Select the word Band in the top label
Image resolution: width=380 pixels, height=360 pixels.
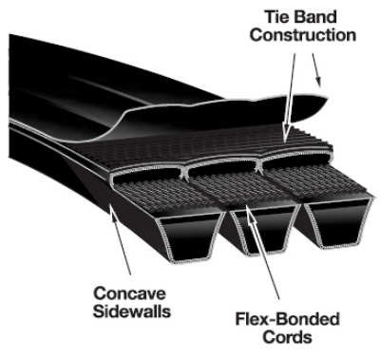coord(317,17)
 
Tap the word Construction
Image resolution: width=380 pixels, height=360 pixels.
coord(303,35)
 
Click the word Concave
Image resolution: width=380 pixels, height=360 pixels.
coord(129,294)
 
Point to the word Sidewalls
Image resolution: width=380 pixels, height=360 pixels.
coord(132,311)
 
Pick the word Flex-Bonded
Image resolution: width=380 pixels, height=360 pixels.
coord(287,319)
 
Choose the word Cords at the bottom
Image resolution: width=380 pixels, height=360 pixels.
coord(287,337)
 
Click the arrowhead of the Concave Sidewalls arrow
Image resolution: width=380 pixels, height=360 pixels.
coord(111,211)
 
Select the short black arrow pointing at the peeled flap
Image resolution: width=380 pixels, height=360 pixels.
coord(316,70)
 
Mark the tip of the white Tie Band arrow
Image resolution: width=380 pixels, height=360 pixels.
coord(285,142)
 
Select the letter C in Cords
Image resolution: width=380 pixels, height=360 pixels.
coord(268,337)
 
